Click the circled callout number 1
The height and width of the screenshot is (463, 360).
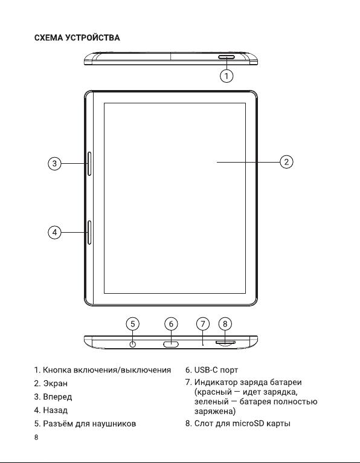coord(227,76)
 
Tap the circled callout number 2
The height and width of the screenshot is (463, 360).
coord(286,162)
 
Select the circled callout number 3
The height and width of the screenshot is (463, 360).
coord(54,163)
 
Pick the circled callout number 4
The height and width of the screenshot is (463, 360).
coord(54,232)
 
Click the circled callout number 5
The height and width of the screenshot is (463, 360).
coord(133,324)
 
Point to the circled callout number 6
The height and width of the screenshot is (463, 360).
coord(171,324)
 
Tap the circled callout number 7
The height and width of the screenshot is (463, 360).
coord(203,324)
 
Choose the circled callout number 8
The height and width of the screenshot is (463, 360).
coord(225,324)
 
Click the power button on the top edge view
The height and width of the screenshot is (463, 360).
coord(227,57)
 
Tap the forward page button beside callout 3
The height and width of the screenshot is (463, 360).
coord(89,164)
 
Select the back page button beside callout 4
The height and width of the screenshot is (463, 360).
coord(89,232)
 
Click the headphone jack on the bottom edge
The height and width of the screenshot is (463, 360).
coord(133,345)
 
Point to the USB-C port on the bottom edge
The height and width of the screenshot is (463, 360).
coord(171,344)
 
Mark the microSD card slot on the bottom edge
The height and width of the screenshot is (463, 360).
coord(225,343)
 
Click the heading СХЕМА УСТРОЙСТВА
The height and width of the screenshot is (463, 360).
coord(77,38)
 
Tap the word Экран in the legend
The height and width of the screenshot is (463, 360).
coord(56,383)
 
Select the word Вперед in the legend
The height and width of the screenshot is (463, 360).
coord(57,397)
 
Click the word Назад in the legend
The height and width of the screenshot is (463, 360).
coord(56,410)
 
